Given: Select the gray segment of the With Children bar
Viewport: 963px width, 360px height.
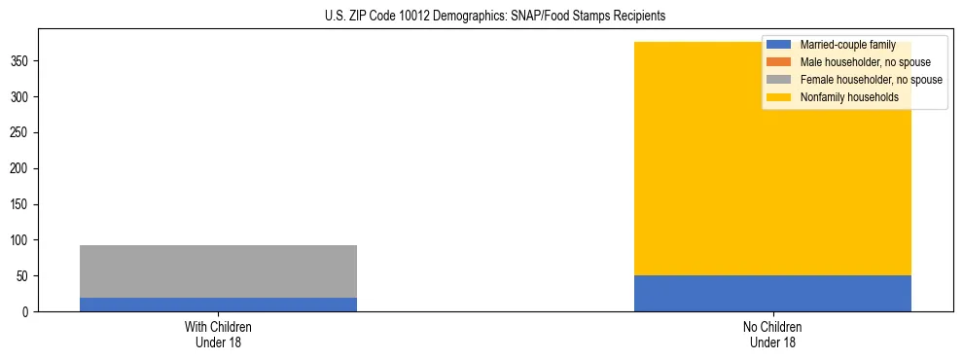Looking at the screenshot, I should [x=218, y=271].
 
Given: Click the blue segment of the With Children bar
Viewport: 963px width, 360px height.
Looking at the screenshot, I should [x=218, y=305].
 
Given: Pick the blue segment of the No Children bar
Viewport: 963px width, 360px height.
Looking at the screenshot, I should [x=772, y=294].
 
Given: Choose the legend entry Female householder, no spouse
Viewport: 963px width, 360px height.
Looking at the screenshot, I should [x=871, y=80].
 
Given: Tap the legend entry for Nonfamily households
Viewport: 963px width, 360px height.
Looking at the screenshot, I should [x=849, y=97].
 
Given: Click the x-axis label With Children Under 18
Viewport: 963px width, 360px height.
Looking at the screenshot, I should [x=218, y=334].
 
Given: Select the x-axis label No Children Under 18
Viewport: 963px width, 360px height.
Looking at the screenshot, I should [x=772, y=334].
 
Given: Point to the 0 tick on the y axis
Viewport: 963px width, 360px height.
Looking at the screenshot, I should [x=27, y=312].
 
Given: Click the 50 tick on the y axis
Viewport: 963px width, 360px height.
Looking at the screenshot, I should [x=24, y=276].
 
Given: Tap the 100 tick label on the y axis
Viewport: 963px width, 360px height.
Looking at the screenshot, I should [x=21, y=240].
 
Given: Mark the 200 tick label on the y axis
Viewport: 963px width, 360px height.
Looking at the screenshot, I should [x=21, y=169].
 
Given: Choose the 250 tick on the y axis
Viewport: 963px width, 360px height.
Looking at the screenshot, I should [x=21, y=133].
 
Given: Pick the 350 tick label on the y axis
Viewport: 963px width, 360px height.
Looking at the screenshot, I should [x=21, y=61].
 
